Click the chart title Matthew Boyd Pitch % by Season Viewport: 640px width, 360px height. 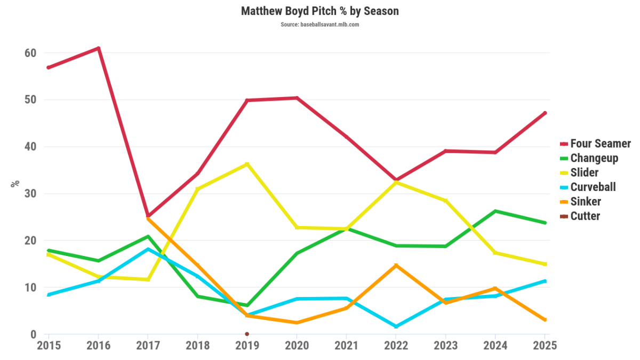319,11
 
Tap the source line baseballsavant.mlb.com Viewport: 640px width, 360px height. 319,25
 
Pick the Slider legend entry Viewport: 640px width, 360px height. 584,172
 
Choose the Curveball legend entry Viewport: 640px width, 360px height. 593,187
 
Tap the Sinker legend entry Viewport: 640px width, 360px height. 585,202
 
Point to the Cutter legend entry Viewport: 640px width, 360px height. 585,216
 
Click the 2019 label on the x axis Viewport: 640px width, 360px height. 247,345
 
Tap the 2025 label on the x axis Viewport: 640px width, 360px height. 546,345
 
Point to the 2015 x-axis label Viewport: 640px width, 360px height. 49,345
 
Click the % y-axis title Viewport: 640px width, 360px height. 15,183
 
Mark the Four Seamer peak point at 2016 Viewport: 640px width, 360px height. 99,49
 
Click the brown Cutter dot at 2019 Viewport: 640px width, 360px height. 247,334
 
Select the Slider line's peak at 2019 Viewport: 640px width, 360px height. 247,164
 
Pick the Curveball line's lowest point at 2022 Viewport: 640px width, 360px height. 396,326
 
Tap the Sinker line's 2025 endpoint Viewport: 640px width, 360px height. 545,319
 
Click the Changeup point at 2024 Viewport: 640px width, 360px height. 495,211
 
